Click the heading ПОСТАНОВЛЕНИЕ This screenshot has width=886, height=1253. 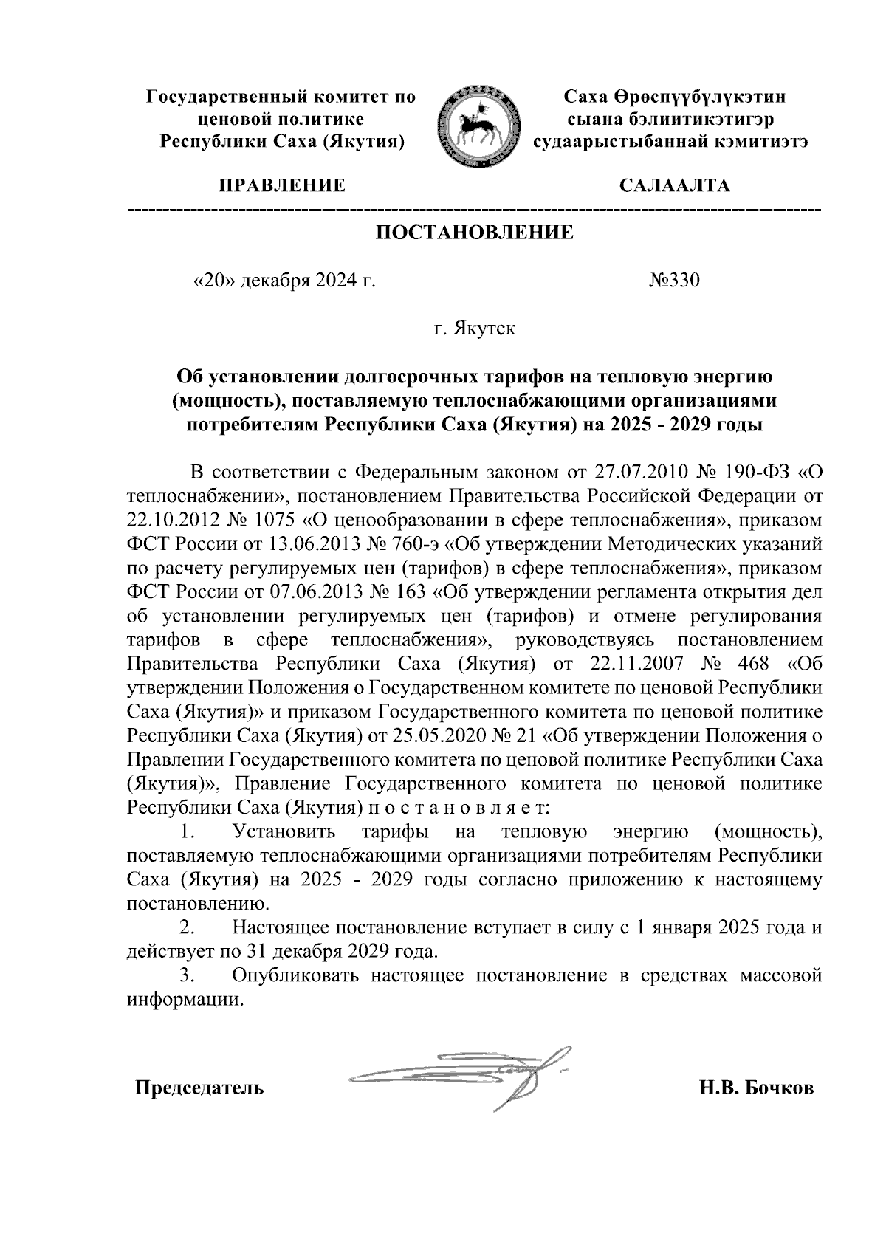[x=475, y=233]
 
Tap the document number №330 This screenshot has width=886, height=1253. [x=673, y=281]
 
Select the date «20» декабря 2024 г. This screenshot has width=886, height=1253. [x=284, y=281]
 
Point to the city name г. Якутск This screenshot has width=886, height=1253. [x=475, y=328]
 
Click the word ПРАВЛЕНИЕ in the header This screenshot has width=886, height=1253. [x=281, y=185]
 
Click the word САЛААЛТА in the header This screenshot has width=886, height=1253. [x=674, y=185]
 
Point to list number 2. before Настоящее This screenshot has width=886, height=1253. [x=187, y=927]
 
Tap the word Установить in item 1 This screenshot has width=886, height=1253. [x=284, y=832]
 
